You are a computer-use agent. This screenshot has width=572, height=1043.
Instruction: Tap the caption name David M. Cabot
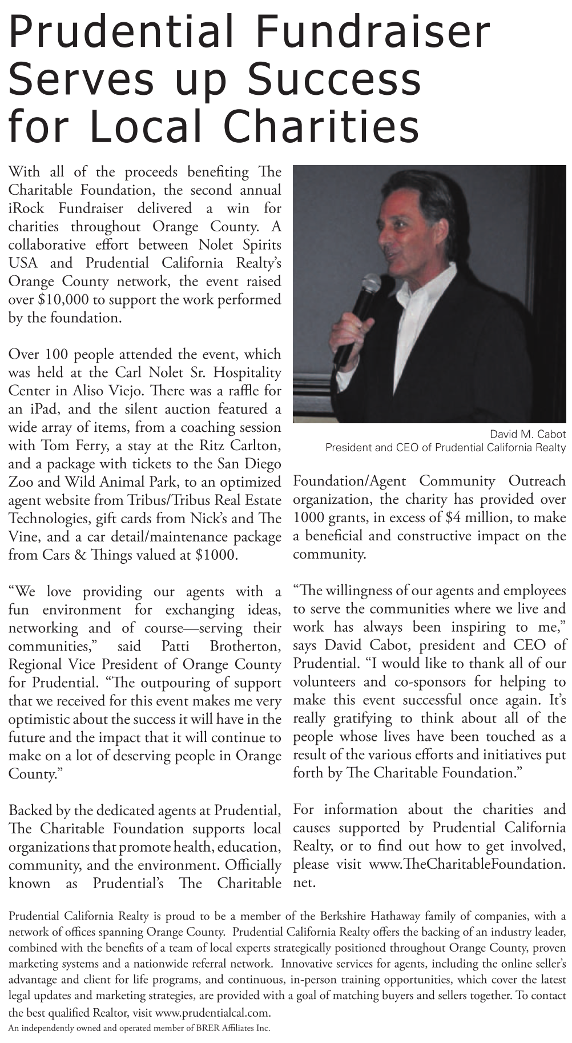point(527,435)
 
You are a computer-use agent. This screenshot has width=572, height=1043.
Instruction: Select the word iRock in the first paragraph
point(26,208)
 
